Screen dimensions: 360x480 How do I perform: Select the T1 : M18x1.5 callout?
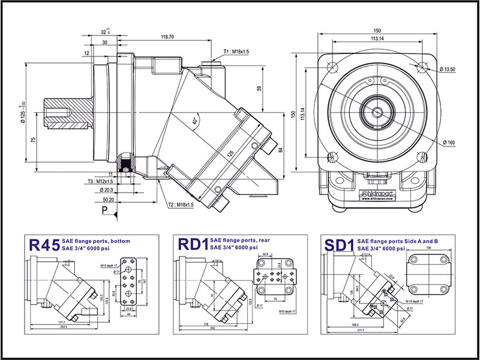click(232, 52)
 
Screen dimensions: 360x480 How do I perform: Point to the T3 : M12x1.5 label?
click(97, 181)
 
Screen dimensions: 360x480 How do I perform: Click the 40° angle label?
click(195, 120)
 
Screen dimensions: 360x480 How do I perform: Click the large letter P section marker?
click(105, 211)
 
